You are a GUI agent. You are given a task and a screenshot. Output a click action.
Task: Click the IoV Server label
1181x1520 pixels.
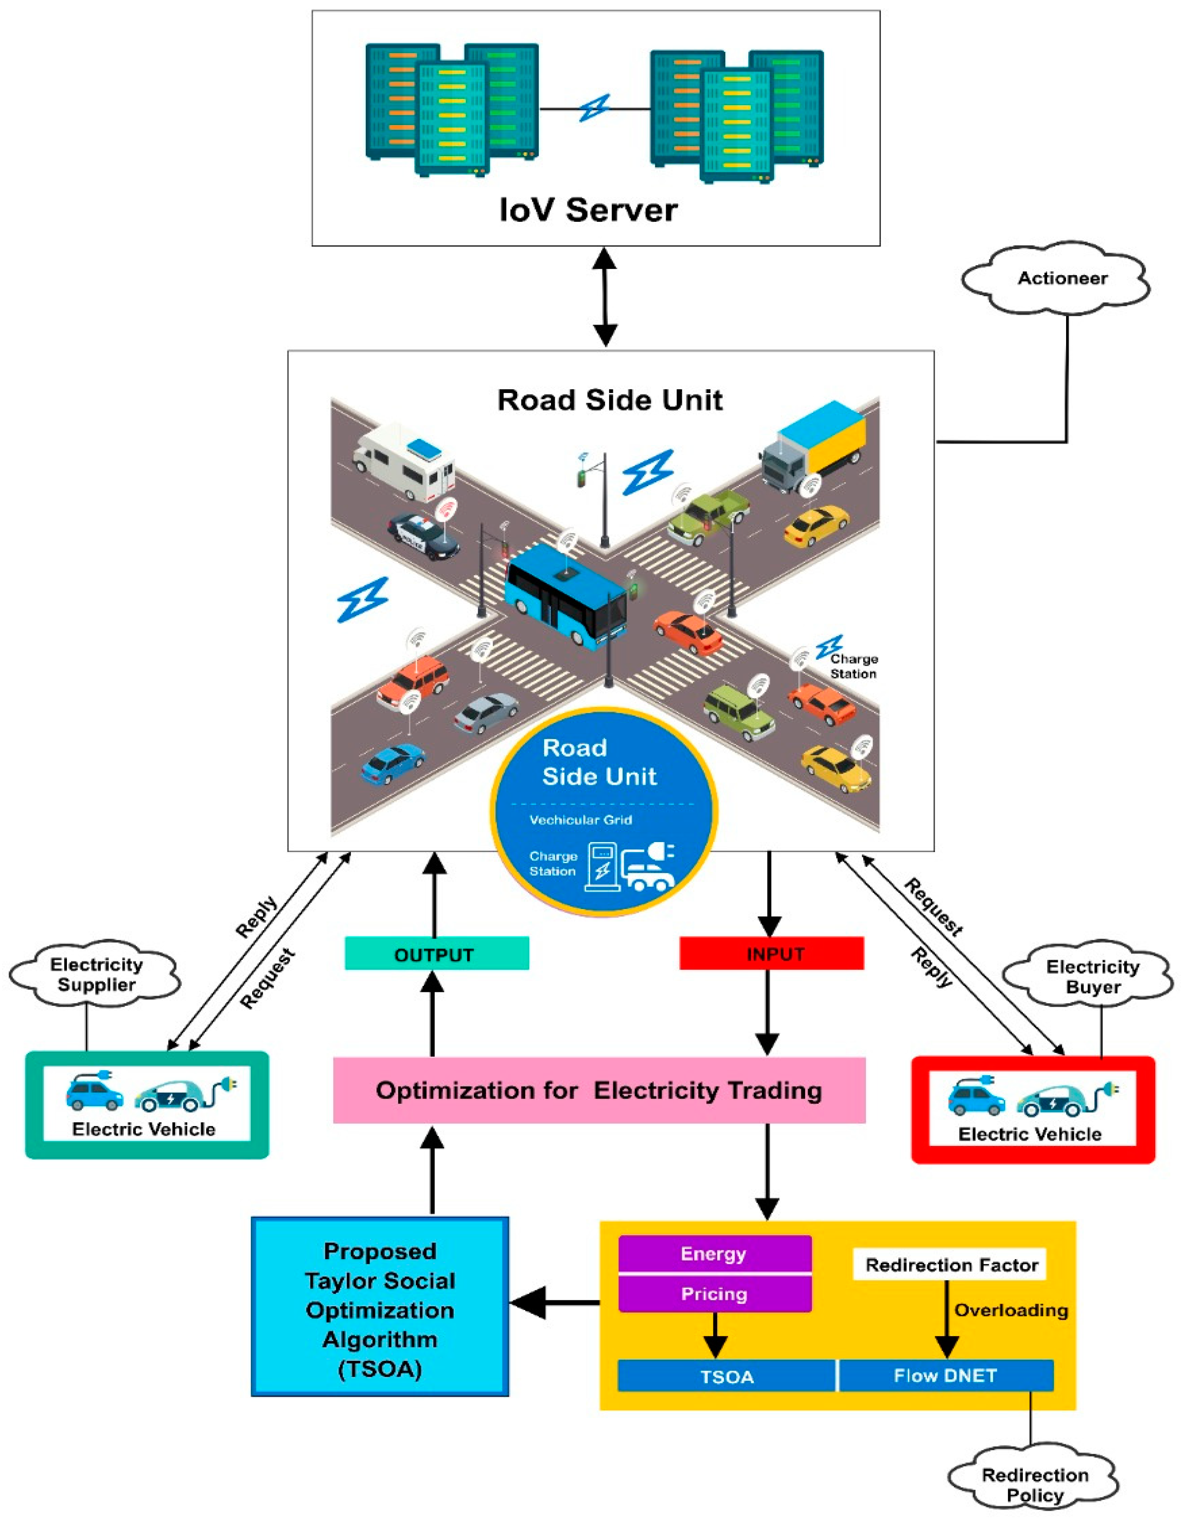click(x=588, y=210)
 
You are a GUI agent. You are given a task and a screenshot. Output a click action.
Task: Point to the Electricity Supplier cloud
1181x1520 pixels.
click(x=96, y=974)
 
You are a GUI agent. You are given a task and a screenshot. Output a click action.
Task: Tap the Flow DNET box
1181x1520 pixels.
click(x=945, y=1376)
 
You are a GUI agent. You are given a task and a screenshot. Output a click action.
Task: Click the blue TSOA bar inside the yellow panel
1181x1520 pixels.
click(x=726, y=1377)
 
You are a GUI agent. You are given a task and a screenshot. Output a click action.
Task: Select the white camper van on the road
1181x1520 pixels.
click(x=404, y=460)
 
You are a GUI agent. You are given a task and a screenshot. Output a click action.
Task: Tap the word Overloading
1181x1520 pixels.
click(x=1011, y=1310)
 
